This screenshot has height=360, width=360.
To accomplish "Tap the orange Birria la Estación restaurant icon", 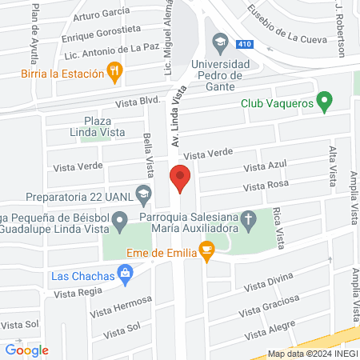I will click(117, 72).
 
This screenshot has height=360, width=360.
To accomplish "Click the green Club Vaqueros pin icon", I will click(324, 102).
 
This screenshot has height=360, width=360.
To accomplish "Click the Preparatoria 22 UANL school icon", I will click(143, 192).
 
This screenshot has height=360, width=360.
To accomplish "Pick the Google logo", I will click(27, 350).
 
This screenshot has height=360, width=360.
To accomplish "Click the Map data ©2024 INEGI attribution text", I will click(312, 353).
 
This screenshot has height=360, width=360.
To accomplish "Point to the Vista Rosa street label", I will click(266, 186).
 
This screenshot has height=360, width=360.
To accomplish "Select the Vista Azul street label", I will click(265, 166).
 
